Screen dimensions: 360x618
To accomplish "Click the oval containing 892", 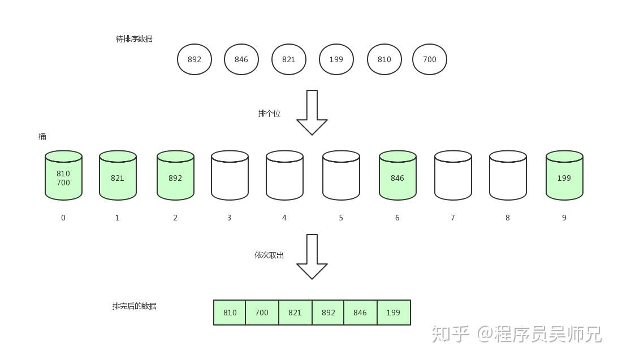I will (195, 59).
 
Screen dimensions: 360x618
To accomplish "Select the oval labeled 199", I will (336, 59).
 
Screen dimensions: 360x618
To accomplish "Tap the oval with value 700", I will (430, 59).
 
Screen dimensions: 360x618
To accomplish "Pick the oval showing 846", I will (241, 59).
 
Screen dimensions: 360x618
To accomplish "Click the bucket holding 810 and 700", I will (63, 176).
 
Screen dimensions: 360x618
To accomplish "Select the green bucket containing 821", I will (118, 176).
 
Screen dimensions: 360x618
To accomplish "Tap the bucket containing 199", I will (564, 176).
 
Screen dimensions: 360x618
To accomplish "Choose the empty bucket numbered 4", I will (284, 176).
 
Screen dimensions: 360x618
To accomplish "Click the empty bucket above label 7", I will (453, 176).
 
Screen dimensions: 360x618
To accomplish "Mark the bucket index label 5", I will (341, 218).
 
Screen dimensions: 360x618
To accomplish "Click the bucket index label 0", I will (63, 218).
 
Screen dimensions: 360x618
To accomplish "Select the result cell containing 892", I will (328, 313).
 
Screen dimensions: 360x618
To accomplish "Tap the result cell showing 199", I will (394, 313).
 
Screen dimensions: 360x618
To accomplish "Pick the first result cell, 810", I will (230, 313).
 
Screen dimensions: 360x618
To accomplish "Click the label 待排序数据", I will (134, 39).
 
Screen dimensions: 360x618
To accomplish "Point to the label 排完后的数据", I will (135, 306).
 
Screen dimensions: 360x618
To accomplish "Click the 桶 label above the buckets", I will (42, 137).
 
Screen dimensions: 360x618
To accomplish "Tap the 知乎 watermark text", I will (450, 334).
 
